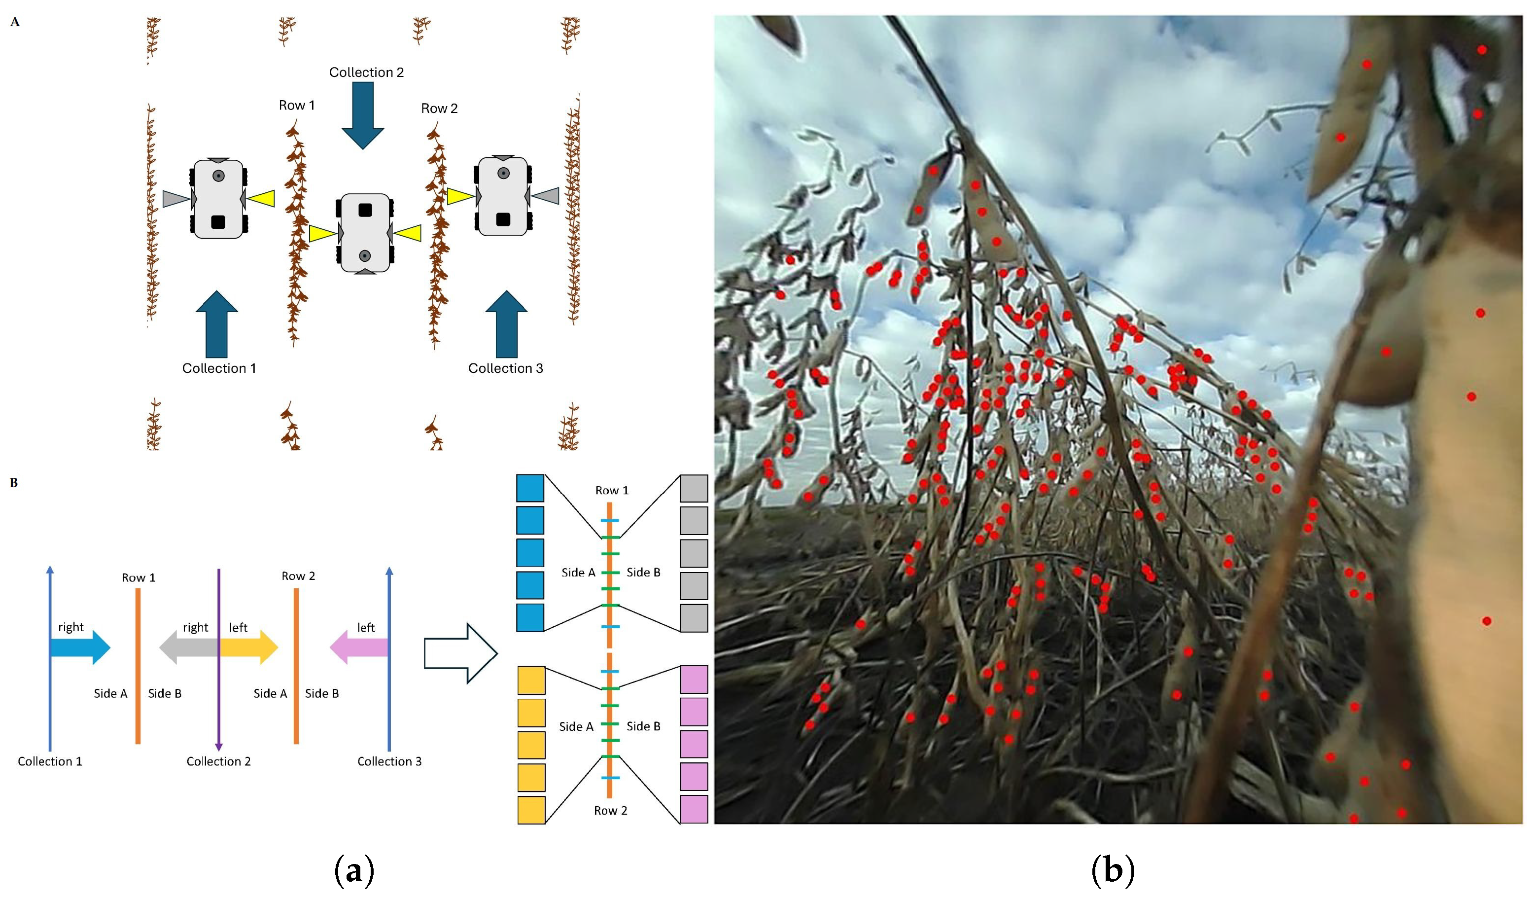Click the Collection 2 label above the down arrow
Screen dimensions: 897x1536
point(366,72)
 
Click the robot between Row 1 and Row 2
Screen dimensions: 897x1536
point(364,233)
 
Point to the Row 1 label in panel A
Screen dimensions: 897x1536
point(297,106)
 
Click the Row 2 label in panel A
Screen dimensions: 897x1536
point(439,108)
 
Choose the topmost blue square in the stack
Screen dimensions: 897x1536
point(530,488)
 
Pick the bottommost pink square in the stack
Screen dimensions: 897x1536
point(694,809)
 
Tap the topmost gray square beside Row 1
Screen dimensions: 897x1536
point(694,488)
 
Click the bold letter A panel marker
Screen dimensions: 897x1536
point(15,23)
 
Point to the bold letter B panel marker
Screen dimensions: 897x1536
point(14,483)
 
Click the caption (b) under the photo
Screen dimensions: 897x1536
point(1113,870)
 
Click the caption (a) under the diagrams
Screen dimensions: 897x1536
point(354,870)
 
